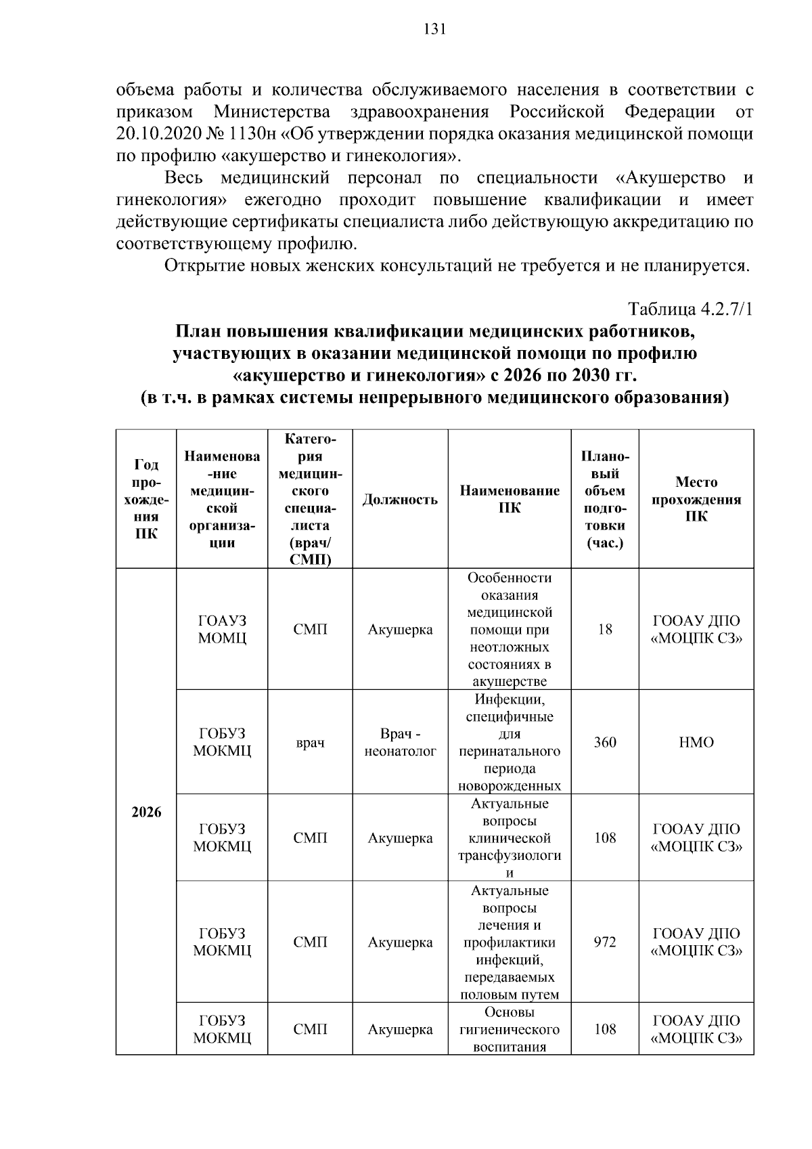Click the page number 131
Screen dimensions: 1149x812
click(434, 29)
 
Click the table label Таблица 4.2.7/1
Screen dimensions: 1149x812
click(690, 309)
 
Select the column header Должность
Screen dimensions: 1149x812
click(400, 500)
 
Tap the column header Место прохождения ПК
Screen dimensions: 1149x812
click(696, 499)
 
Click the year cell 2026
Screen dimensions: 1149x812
click(146, 812)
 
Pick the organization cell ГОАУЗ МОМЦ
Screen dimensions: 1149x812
click(222, 629)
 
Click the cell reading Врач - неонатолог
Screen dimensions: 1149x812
click(400, 742)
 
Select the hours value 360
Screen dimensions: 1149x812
click(605, 742)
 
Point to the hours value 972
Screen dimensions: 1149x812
click(605, 942)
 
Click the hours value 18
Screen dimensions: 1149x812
click(605, 629)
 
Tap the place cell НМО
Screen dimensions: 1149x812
click(696, 742)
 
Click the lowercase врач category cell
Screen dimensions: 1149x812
click(310, 743)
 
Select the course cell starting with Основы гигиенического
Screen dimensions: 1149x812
click(510, 1029)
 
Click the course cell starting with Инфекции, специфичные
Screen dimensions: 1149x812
click(510, 742)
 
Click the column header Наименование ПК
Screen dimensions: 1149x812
click(510, 499)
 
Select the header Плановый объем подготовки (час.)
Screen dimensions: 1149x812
click(605, 499)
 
